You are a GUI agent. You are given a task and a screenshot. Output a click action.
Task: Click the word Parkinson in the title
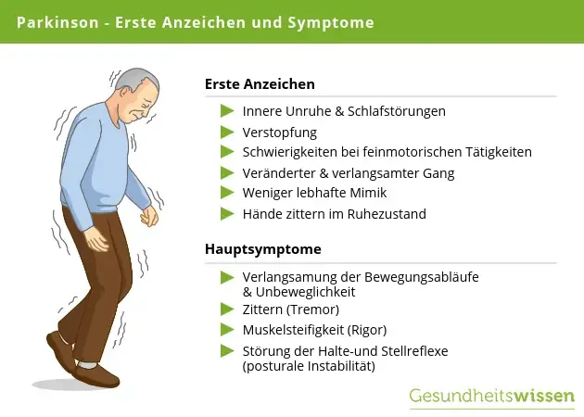pos(57,21)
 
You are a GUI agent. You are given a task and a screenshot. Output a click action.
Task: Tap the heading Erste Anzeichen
pos(260,83)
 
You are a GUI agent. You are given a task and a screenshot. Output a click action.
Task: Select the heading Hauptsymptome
pos(263,249)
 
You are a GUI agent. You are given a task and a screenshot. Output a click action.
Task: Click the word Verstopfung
pos(280,132)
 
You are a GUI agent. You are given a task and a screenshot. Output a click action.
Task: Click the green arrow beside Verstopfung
pos(226,132)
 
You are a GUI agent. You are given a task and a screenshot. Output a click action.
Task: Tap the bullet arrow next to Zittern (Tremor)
pos(226,309)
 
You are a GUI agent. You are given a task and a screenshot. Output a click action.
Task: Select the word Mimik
pos(368,193)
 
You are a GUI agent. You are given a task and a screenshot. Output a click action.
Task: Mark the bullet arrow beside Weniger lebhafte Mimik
pos(226,193)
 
